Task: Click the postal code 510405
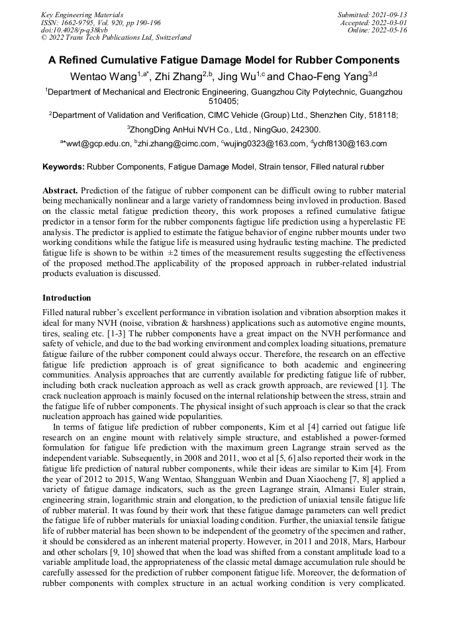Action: tap(224, 102)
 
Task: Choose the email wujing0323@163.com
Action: tap(266, 143)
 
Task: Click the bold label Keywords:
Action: tap(64, 167)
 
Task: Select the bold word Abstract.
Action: tap(60, 190)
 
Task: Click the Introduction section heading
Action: tap(67, 298)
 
